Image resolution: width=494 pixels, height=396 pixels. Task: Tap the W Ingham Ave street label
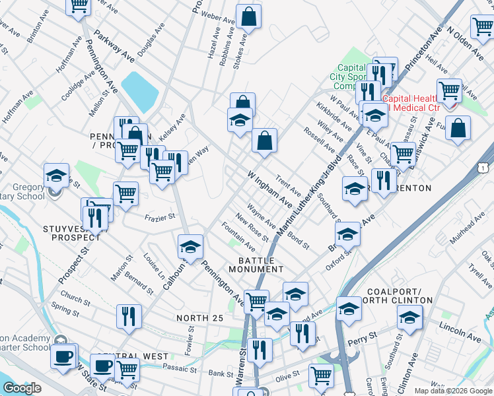pos(269,187)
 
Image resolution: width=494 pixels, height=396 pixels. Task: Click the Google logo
pos(22,389)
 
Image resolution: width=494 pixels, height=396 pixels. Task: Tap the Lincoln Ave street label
pos(460,333)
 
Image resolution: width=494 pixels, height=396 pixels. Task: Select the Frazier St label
pos(159,216)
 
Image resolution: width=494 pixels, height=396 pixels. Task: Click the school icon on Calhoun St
pos(190,247)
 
